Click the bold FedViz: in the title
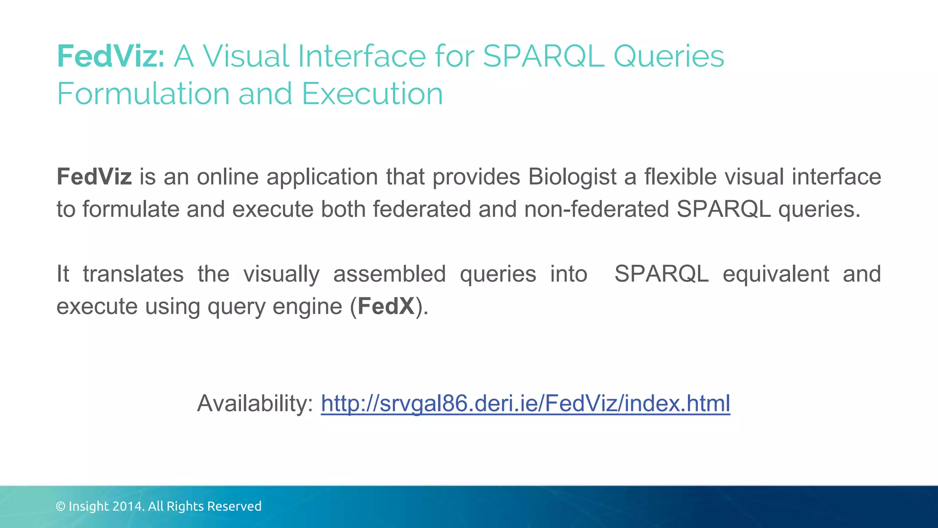[x=110, y=56]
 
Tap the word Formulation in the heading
[x=143, y=94]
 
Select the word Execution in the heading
[x=372, y=94]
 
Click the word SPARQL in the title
[x=543, y=56]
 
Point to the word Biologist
[x=572, y=177]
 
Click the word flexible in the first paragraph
[x=680, y=177]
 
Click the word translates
[x=133, y=274]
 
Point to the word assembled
[x=389, y=274]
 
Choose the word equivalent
[x=775, y=274]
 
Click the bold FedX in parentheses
[x=386, y=307]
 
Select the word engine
[x=307, y=307]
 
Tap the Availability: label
[x=255, y=404]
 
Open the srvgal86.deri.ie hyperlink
[x=525, y=404]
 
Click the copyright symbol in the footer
[x=60, y=506]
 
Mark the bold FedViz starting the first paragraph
[x=94, y=177]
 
